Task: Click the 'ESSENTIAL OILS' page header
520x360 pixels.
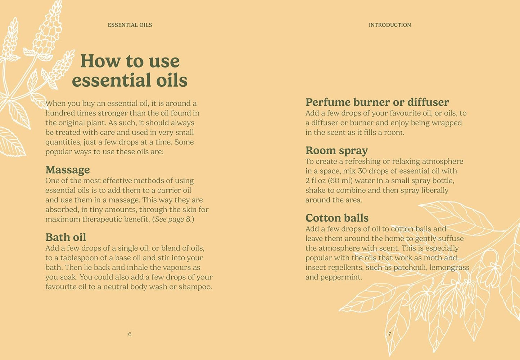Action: point(130,25)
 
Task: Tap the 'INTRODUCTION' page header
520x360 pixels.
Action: point(390,25)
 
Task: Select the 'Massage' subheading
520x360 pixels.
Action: point(68,170)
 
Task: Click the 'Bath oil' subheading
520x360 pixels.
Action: point(66,237)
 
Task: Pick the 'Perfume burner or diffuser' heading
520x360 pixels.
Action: point(377,102)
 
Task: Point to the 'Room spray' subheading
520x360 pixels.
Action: point(336,151)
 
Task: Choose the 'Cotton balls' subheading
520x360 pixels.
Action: point(337,218)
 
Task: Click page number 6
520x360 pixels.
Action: point(130,334)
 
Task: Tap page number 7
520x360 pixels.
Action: point(390,334)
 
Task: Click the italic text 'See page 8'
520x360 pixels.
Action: point(172,219)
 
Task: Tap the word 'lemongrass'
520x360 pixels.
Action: point(449,268)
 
